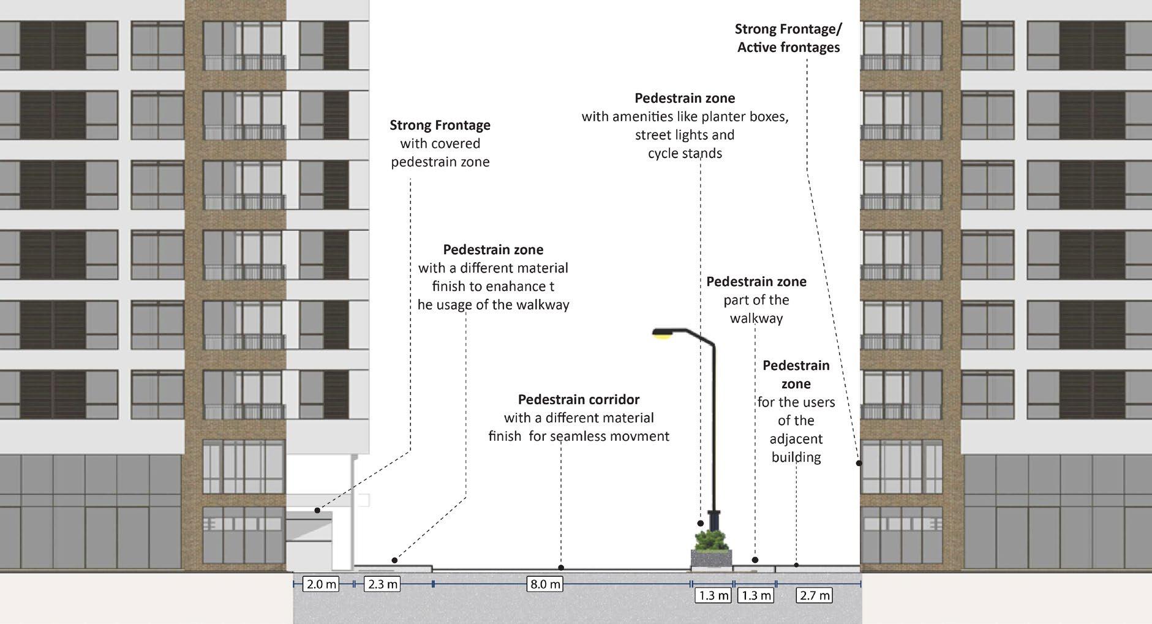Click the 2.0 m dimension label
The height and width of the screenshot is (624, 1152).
point(322,584)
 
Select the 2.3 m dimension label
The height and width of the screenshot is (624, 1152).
point(383,584)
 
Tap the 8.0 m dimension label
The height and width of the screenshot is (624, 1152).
point(545,584)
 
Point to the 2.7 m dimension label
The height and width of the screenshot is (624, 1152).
point(814,595)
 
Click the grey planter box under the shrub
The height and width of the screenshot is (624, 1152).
point(712,558)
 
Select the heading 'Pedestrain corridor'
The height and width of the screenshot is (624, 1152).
point(579,399)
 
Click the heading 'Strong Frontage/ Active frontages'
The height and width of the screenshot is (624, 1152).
point(788,38)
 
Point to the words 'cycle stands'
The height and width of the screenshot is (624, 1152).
point(685,153)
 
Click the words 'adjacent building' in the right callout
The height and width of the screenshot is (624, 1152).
point(796,448)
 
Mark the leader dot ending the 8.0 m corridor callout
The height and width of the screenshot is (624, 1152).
point(561,568)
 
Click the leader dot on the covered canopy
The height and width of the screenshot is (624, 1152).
point(317,510)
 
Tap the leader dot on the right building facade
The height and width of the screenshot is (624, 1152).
point(859,463)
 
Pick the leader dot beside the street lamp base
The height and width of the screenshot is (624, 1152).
point(700,523)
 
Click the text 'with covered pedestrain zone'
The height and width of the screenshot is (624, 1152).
point(440,152)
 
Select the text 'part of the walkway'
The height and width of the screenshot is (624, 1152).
point(756,309)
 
